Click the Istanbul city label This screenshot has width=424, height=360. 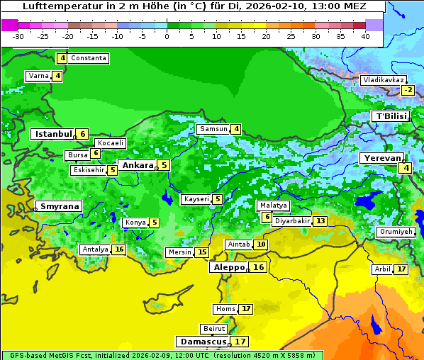53,134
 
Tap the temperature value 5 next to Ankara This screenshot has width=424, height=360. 164,165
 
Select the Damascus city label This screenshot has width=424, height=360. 203,342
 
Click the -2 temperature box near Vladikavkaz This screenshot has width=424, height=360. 408,90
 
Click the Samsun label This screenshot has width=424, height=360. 213,129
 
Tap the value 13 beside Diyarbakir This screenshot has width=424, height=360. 321,221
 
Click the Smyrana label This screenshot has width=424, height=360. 59,207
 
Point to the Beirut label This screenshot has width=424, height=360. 214,329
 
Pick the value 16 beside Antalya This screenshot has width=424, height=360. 119,249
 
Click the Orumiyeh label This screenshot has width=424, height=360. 395,232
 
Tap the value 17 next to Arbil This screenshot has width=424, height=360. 401,269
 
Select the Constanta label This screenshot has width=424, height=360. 89,58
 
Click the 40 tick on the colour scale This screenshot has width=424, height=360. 365,36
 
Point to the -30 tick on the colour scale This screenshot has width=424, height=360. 18,36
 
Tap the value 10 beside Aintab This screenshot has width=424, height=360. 262,244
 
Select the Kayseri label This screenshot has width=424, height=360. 196,200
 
